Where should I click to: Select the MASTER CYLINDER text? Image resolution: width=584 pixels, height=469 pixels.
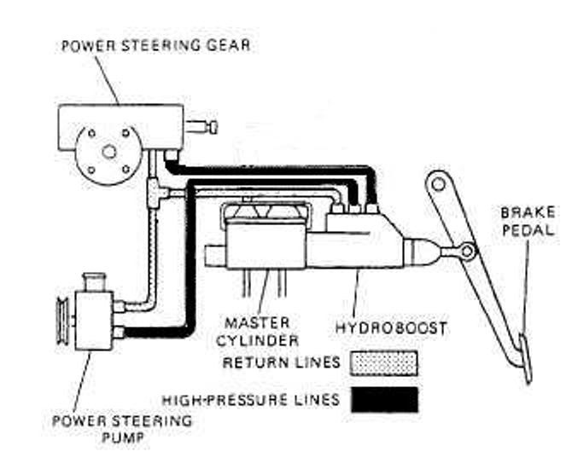click(x=261, y=332)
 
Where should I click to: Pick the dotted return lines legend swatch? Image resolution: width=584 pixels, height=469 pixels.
click(x=383, y=362)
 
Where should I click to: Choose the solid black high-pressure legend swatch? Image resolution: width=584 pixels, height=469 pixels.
click(x=383, y=399)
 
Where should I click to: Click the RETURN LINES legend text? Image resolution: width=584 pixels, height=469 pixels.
click(x=281, y=362)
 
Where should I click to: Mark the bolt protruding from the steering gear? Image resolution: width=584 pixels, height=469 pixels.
click(x=205, y=127)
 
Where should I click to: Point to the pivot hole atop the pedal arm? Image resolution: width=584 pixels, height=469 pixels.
click(x=438, y=182)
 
